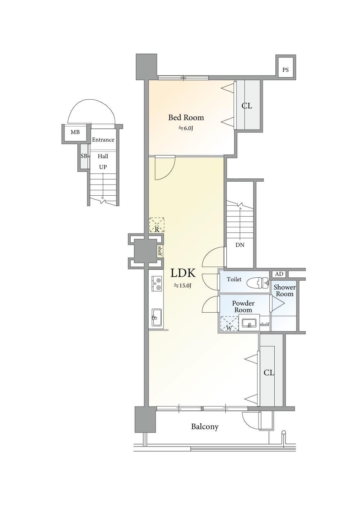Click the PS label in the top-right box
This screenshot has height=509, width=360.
point(285,70)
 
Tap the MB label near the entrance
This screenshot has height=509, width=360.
point(75,132)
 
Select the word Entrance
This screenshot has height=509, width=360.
point(103,140)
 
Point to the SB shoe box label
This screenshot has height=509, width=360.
point(84,156)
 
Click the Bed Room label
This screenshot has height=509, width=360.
point(186,118)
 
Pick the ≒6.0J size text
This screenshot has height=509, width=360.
point(185,128)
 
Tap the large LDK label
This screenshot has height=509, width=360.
point(183,273)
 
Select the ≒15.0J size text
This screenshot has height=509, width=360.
point(183,286)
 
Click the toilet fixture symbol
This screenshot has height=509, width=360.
point(257,283)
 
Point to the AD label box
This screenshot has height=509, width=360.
point(279,274)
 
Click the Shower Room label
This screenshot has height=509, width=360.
point(284,291)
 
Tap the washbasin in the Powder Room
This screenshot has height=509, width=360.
point(249,323)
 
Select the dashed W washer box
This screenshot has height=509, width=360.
point(229,324)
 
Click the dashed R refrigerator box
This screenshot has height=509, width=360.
point(157,225)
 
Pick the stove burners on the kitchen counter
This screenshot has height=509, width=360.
point(156,283)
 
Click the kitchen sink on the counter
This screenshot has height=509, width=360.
point(156,317)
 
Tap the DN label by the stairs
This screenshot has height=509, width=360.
point(240,245)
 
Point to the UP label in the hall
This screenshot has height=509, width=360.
point(103,167)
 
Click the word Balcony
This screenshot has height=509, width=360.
point(205,427)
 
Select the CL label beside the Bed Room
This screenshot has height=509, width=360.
point(247,106)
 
